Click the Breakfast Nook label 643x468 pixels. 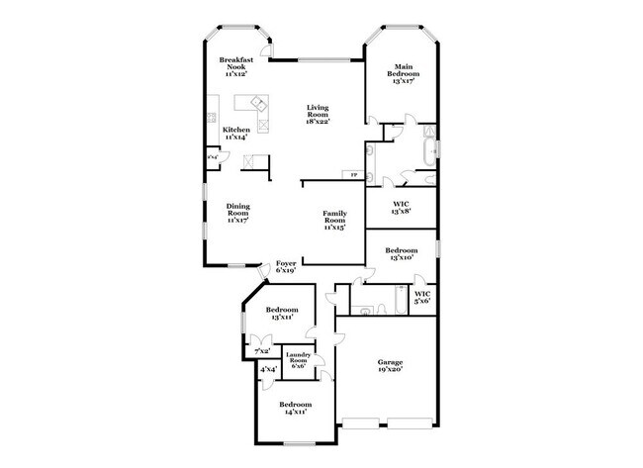coord(236,64)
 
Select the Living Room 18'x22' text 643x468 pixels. coord(317,114)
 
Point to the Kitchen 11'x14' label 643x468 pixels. coord(235,133)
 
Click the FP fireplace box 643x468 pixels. coord(354,175)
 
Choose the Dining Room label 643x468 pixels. coord(237,213)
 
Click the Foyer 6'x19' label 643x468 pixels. coord(287,266)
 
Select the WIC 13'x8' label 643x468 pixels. coord(401,208)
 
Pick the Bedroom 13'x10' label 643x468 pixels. coord(401,254)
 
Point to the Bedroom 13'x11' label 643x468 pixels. coord(281,315)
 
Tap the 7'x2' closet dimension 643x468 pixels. coord(262,351)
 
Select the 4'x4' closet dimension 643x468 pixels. coord(268,371)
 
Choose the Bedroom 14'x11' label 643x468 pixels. coord(295,408)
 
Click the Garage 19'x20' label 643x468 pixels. coord(390,365)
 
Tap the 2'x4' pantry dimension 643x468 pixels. coord(212,156)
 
